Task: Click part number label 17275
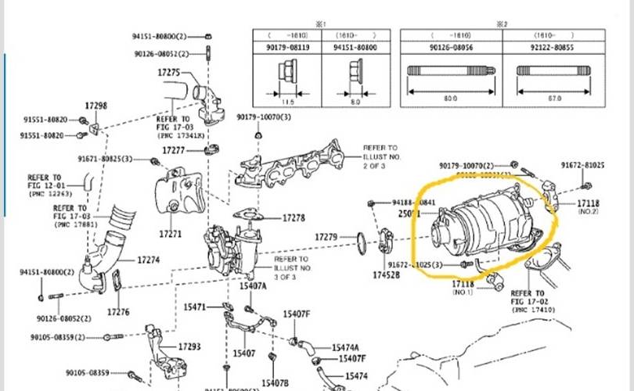pos(169,73)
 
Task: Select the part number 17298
pos(95,106)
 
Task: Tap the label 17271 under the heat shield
pos(170,233)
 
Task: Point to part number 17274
pos(149,259)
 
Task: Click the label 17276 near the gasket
pos(118,312)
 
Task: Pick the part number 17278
pos(294,217)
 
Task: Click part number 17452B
pos(387,274)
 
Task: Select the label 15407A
pos(253,286)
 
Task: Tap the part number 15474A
pos(345,348)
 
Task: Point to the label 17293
pos(189,346)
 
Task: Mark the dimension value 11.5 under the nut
pos(286,101)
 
